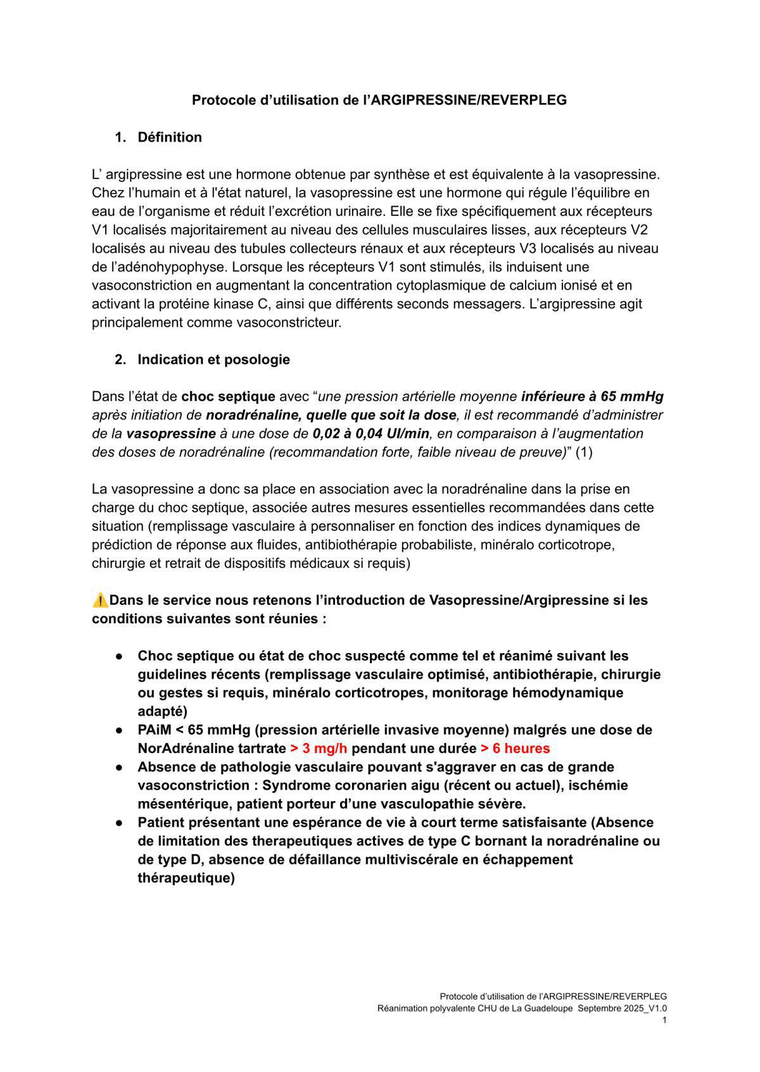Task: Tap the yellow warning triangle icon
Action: tap(100, 599)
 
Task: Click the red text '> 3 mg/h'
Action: tap(319, 748)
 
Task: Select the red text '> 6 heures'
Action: tap(515, 748)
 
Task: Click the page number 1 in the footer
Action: tap(664, 1019)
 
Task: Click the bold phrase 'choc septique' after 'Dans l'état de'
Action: tap(228, 397)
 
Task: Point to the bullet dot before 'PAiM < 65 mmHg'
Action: tap(118, 730)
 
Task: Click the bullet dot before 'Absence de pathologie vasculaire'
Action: tap(118, 767)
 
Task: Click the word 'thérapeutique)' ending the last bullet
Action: tap(186, 878)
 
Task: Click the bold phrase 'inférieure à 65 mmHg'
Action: tap(592, 397)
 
